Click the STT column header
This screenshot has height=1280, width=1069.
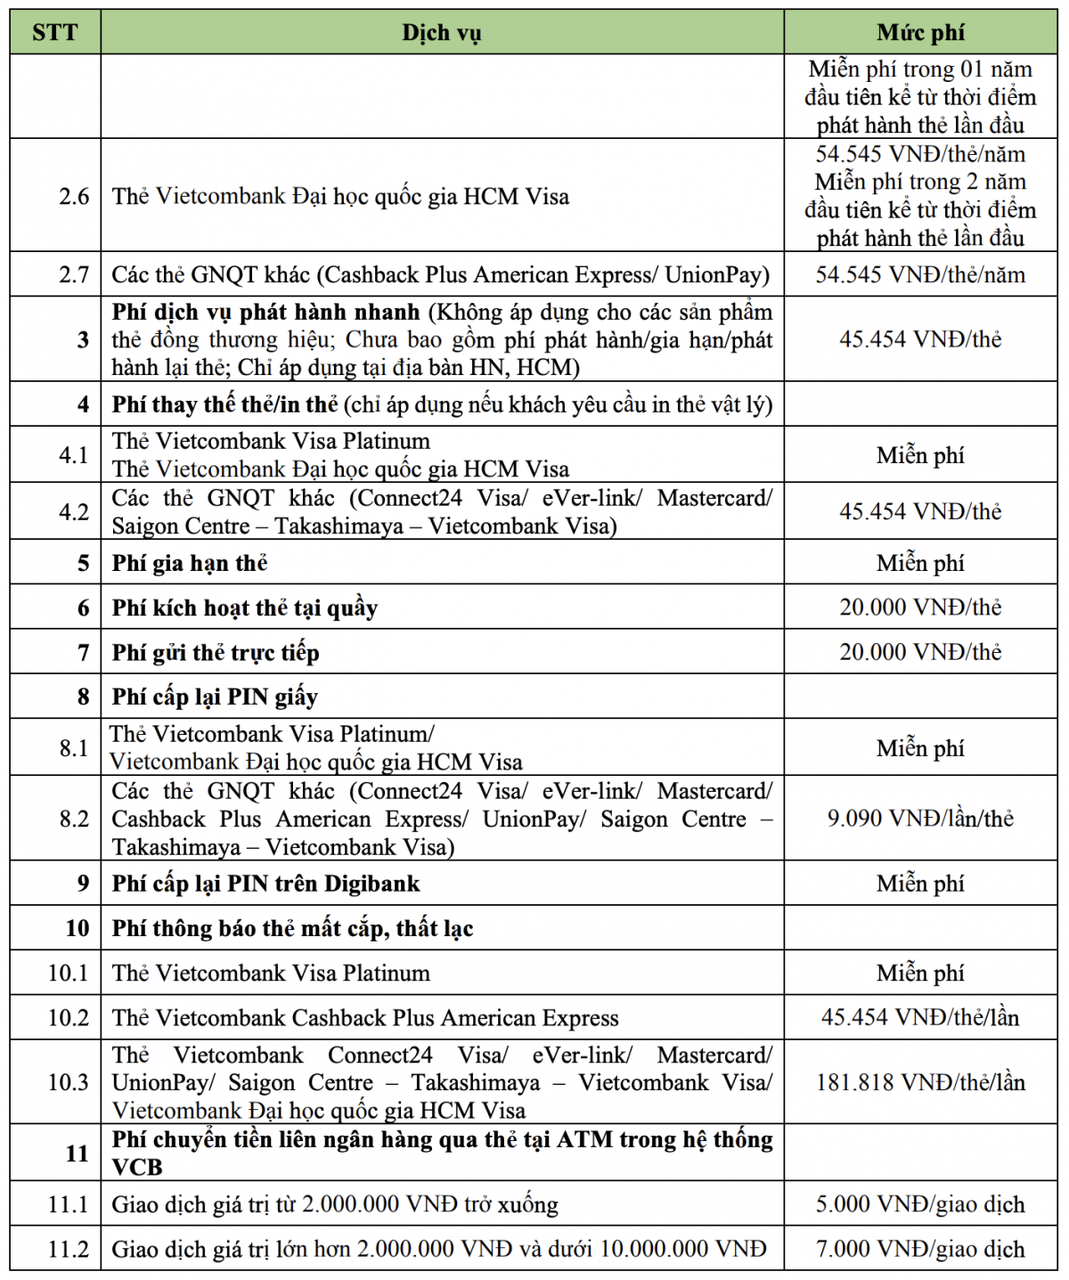[54, 33]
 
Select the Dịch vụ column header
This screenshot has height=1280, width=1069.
[441, 33]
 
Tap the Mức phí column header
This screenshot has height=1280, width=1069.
[920, 33]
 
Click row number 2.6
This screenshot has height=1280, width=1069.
[74, 196]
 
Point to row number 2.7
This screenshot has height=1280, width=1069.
[74, 274]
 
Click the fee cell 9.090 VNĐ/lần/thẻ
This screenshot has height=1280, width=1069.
[920, 818]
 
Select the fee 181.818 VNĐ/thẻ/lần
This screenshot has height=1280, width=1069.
[920, 1082]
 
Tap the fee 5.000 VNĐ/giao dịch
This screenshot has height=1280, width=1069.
[920, 1204]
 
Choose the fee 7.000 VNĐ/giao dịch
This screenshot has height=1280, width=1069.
[920, 1249]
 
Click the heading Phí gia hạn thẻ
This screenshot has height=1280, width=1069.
[190, 563]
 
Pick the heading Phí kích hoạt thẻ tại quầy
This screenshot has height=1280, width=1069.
[245, 607]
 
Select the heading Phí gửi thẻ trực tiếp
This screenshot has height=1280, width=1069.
[216, 653]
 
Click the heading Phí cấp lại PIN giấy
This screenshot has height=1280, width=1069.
[215, 697]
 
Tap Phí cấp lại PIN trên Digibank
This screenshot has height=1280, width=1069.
[265, 884]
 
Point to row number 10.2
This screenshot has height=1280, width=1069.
[69, 1017]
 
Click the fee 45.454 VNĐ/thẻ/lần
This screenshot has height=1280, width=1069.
[920, 1017]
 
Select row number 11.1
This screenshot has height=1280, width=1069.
[69, 1204]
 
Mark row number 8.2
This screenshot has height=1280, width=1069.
[74, 818]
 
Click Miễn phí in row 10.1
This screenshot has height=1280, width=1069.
[920, 973]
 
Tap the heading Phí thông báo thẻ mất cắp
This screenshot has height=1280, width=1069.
[292, 928]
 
